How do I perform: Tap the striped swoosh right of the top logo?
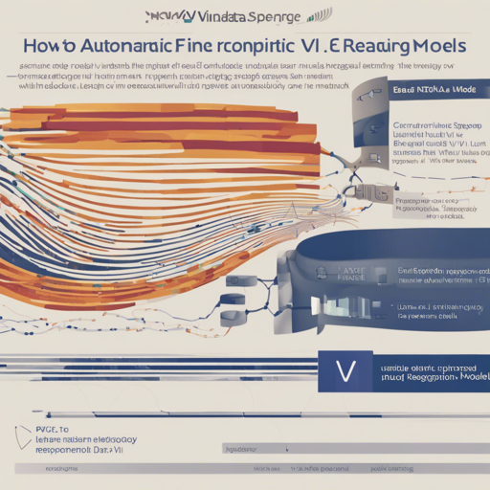coord(321,15)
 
